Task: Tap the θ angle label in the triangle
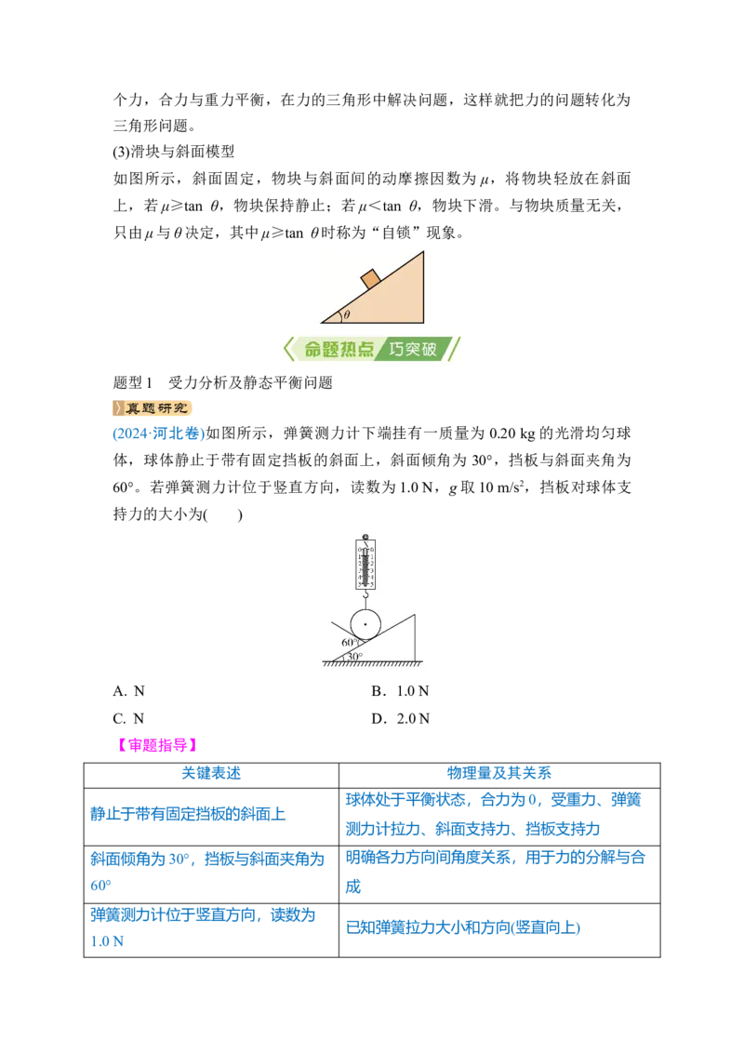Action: (347, 314)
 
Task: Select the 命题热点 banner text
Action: (339, 349)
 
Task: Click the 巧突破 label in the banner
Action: (412, 349)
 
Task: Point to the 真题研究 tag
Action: (153, 407)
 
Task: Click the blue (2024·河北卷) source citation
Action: (158, 433)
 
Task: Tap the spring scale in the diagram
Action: (365, 566)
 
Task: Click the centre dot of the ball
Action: (365, 624)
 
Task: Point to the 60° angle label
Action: (349, 642)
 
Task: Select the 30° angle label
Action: (354, 656)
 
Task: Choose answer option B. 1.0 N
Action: (400, 691)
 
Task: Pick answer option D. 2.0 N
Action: (400, 718)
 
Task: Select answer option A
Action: (129, 691)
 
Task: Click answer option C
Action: (129, 718)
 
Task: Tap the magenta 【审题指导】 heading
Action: (157, 745)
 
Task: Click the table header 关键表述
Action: (211, 773)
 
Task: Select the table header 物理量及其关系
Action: (498, 773)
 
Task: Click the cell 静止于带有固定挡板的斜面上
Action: (188, 814)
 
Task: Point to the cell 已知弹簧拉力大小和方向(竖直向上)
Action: (462, 927)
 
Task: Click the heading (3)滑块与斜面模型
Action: (174, 152)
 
